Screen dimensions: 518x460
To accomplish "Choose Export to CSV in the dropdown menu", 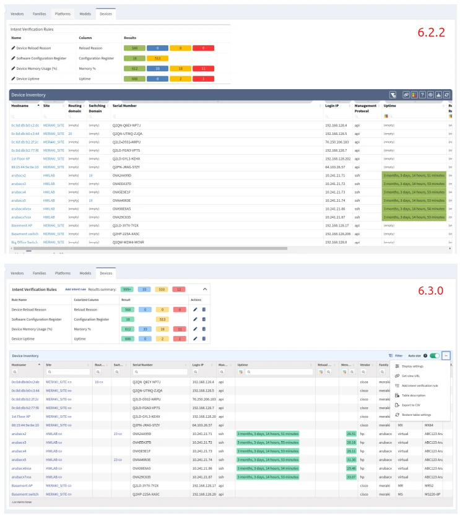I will pos(412,405).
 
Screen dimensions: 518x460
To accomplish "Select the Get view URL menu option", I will pos(412,376).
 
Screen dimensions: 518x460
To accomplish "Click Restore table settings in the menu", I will pos(417,415).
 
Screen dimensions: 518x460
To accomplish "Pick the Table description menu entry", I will pos(414,395).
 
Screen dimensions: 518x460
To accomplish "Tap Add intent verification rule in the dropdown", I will pos(420,386).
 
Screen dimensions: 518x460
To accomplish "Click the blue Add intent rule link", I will pos(75,289).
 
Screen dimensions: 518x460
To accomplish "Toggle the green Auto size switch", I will pos(435,356).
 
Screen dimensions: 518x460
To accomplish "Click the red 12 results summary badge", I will pos(178,289).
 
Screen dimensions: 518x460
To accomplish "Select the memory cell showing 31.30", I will pos(351,460).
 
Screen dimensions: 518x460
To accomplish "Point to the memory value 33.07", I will pos(351,477).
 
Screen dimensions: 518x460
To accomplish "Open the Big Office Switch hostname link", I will pos(24,242).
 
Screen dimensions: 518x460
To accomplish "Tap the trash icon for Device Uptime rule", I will pos(204,339).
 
